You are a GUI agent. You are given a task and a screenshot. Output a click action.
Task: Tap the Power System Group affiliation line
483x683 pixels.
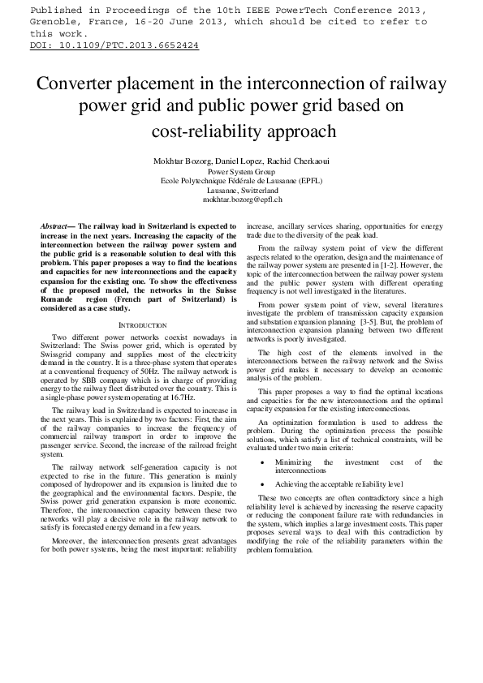[x=241, y=172]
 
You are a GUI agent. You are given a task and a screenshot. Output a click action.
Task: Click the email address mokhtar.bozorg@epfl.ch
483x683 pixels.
[x=241, y=199]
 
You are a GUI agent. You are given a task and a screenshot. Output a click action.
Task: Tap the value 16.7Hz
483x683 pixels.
[x=183, y=400]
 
